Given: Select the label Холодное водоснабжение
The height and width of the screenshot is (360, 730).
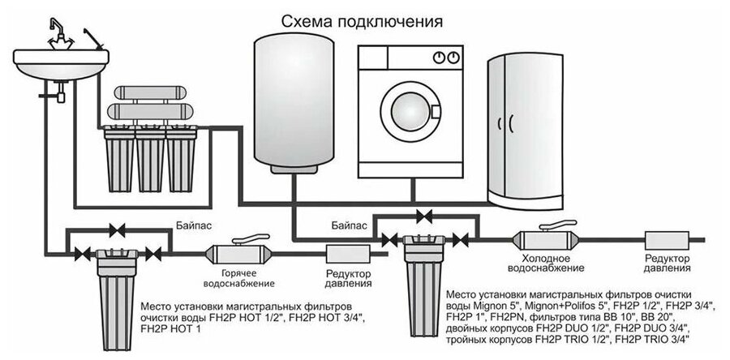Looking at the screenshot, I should (545, 262).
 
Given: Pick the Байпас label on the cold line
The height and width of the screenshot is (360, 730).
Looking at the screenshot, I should (350, 221).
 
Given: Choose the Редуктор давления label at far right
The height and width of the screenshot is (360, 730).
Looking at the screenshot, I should (667, 262).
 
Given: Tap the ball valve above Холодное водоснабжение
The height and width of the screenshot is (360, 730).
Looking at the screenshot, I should (545, 238).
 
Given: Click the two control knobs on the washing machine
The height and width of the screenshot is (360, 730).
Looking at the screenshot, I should (443, 58).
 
